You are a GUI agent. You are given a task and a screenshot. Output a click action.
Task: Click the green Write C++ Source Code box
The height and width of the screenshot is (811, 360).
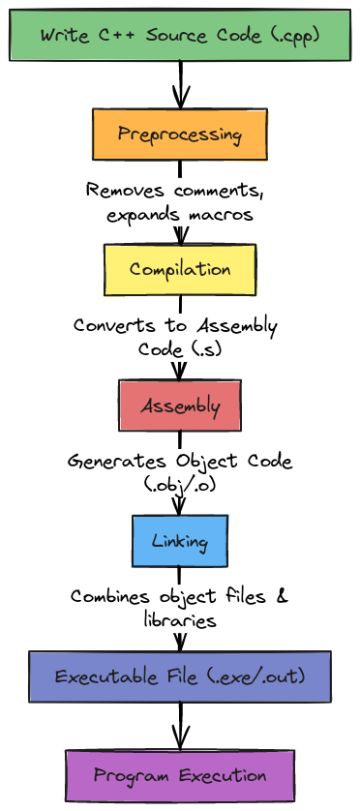click(179, 34)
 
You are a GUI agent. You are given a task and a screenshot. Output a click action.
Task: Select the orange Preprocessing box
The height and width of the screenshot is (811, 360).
click(179, 135)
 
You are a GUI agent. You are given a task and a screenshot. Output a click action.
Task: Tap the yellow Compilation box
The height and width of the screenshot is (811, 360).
click(179, 269)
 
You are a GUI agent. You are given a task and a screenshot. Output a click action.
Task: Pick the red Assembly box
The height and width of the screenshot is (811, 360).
click(179, 405)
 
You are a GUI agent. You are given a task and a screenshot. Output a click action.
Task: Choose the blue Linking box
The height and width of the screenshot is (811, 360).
click(179, 540)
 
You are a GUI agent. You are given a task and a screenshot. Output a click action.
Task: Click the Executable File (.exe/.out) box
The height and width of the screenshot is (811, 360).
click(179, 676)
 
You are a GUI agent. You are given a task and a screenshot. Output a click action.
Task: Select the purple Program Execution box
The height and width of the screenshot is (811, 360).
click(179, 776)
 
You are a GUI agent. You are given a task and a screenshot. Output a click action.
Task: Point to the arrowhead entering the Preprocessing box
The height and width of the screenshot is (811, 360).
click(179, 99)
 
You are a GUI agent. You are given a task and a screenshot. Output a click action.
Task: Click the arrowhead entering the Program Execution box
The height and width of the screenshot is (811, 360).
click(179, 739)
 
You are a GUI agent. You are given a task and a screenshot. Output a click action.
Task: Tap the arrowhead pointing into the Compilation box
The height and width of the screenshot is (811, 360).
click(179, 235)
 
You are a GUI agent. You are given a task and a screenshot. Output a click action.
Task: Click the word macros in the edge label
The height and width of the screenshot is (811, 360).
click(224, 215)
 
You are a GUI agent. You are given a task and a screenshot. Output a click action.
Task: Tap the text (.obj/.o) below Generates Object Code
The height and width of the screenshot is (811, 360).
click(179, 486)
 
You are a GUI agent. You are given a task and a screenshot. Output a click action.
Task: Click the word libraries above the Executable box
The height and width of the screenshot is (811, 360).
click(179, 620)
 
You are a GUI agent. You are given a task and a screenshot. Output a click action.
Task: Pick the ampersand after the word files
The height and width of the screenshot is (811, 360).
click(282, 596)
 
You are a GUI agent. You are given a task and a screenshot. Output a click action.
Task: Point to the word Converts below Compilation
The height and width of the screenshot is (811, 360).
click(114, 326)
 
